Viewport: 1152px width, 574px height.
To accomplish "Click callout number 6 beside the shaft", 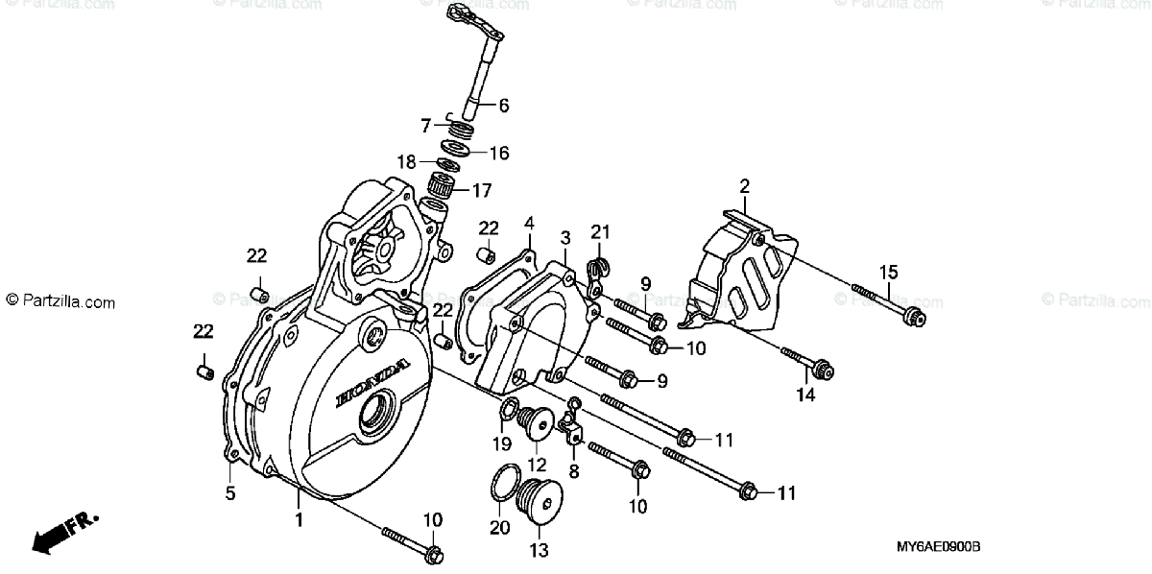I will click(503, 105).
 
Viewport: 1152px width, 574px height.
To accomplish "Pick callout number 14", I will click(804, 394).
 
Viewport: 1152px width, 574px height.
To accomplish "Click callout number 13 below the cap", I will click(538, 550).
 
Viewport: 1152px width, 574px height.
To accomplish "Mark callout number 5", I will click(230, 494).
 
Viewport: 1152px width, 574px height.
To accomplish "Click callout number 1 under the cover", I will click(299, 519).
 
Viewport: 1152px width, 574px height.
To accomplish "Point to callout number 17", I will click(480, 189).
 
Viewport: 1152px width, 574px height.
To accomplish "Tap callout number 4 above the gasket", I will click(529, 224).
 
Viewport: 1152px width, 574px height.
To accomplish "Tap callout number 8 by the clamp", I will click(574, 471).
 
